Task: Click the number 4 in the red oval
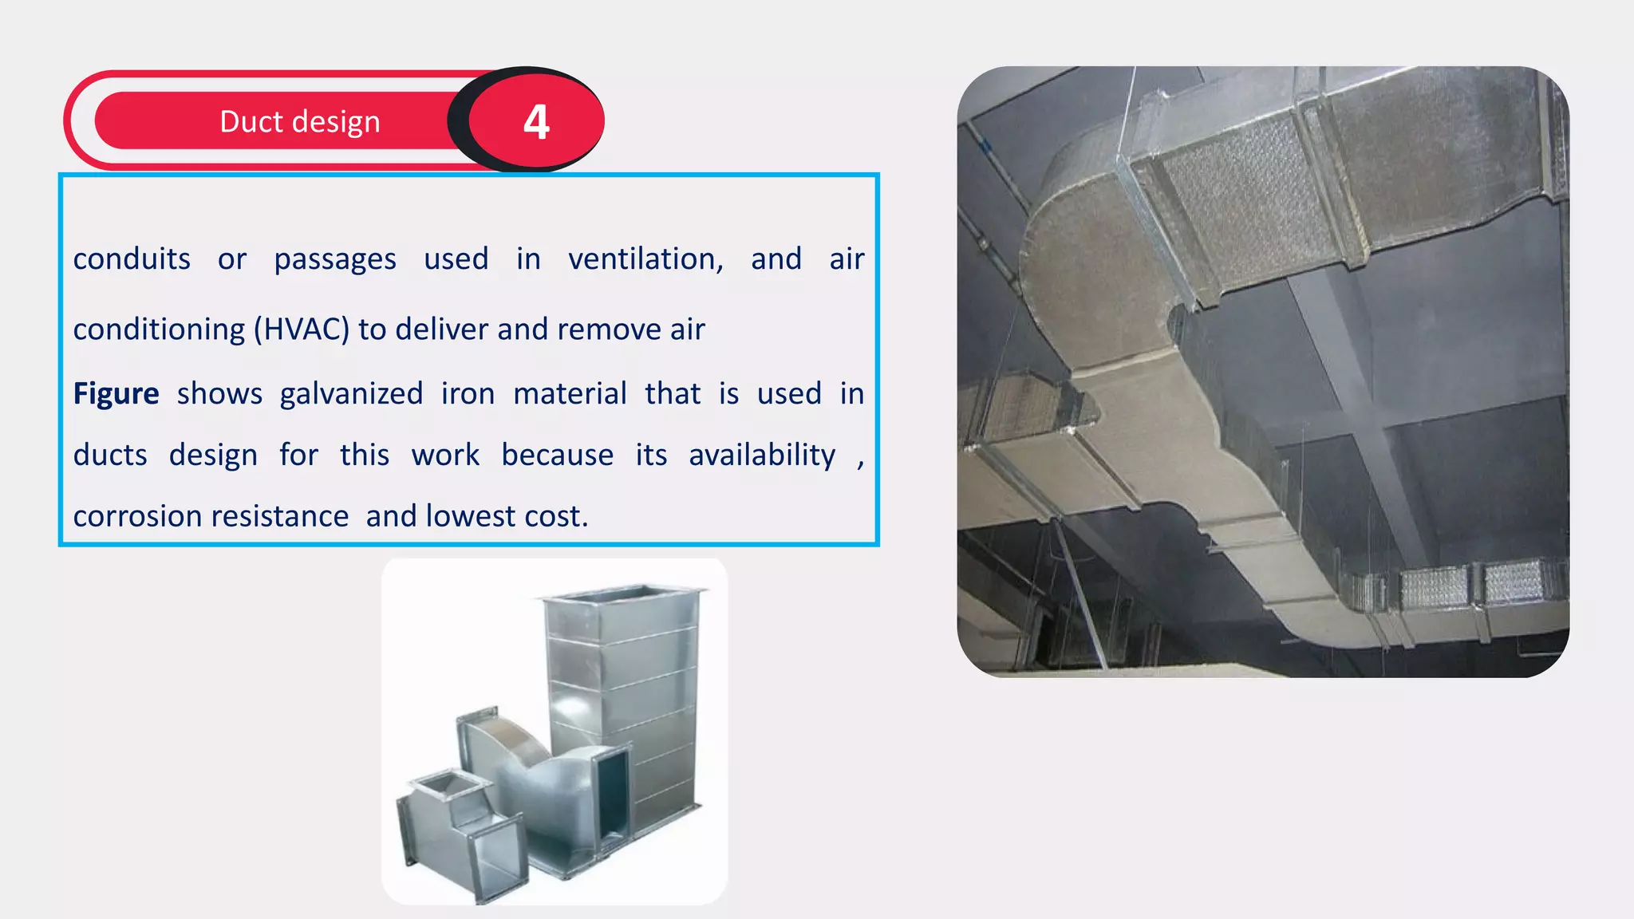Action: click(536, 122)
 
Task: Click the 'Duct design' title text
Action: click(299, 122)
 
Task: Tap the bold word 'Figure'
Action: click(116, 394)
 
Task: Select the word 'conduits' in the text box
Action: click(132, 259)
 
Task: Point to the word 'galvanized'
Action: click(351, 394)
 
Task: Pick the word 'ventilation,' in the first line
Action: click(645, 259)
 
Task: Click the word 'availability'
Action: click(762, 455)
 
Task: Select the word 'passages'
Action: click(335, 259)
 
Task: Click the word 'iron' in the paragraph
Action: click(468, 394)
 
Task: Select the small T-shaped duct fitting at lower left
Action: click(455, 830)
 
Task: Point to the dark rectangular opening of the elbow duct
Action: click(612, 798)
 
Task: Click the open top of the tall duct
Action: click(622, 595)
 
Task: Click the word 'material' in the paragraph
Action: click(570, 394)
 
